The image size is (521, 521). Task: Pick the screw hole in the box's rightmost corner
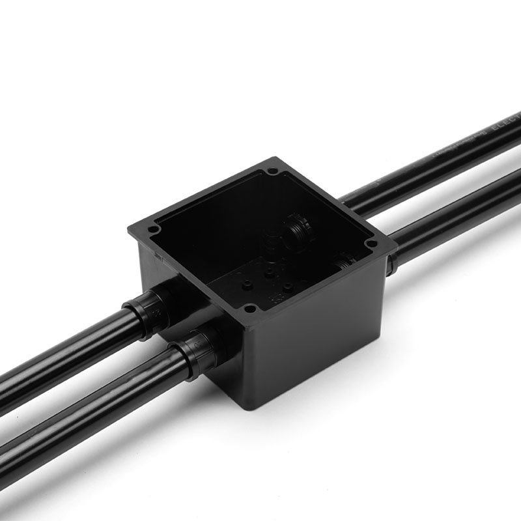point(372,244)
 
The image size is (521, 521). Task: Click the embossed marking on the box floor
point(276,299)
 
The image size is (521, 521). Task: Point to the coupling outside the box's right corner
point(390,264)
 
